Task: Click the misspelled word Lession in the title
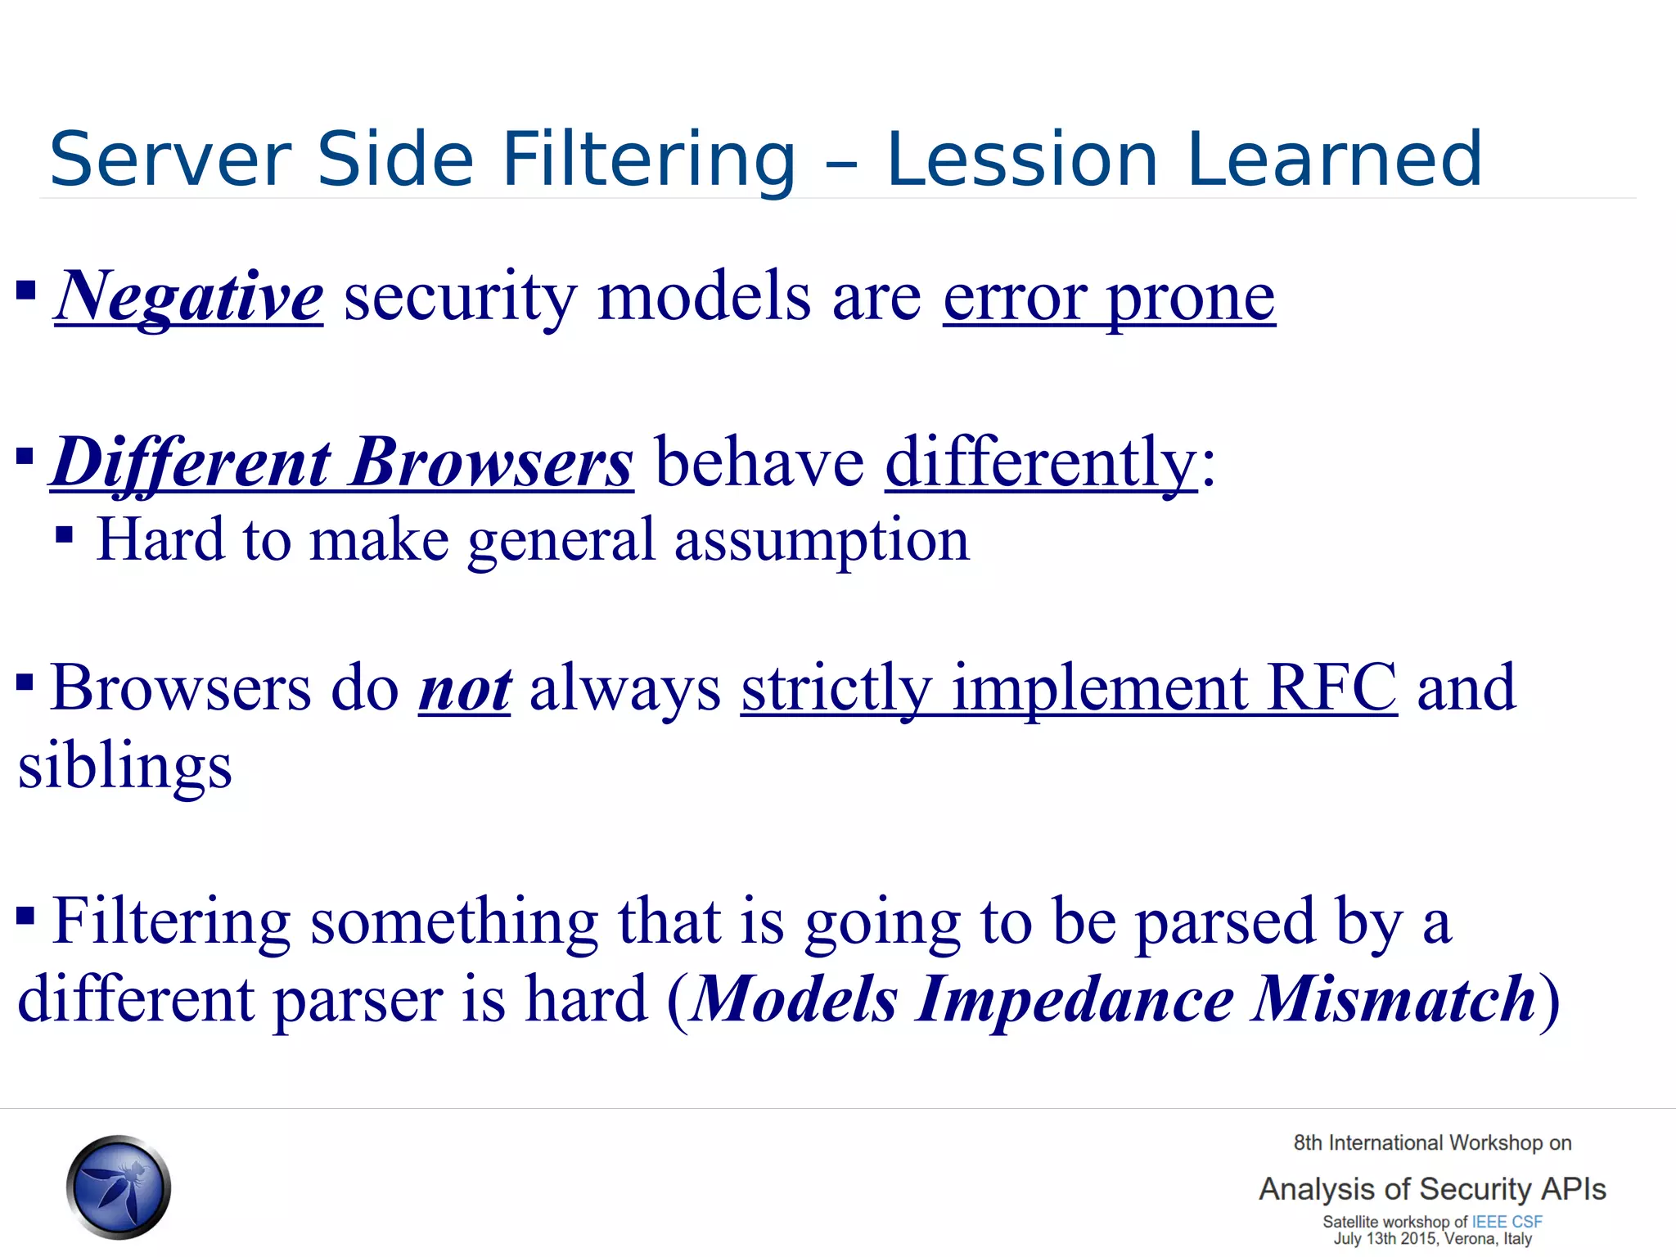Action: coord(1022,159)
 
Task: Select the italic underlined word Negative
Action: coord(189,296)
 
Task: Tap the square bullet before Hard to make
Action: coord(65,537)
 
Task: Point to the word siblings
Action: coord(125,767)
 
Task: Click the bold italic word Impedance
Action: coord(1074,999)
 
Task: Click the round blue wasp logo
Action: coord(119,1187)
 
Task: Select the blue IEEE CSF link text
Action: coord(1507,1221)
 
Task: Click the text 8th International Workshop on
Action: coord(1432,1142)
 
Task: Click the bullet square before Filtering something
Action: coord(25,914)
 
